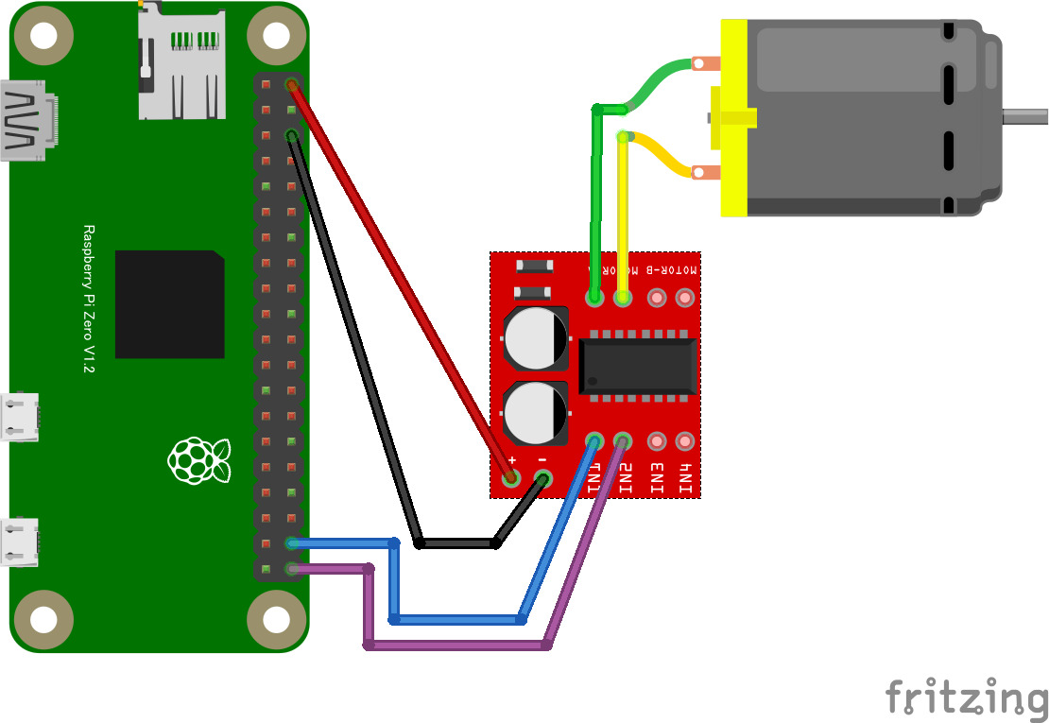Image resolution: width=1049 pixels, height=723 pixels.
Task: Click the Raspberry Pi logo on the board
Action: (198, 460)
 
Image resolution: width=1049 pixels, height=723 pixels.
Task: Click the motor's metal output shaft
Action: (1024, 117)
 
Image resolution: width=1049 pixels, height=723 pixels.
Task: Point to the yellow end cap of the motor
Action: (733, 118)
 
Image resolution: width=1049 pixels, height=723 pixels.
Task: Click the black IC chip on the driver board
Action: (638, 368)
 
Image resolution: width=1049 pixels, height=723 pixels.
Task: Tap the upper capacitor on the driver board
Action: (536, 337)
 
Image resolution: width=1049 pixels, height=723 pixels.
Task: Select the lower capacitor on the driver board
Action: (536, 413)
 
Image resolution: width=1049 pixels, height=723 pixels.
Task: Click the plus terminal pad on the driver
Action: (512, 478)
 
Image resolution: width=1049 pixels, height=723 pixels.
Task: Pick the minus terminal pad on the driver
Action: (542, 478)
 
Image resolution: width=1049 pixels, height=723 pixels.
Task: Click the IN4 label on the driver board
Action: (686, 478)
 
